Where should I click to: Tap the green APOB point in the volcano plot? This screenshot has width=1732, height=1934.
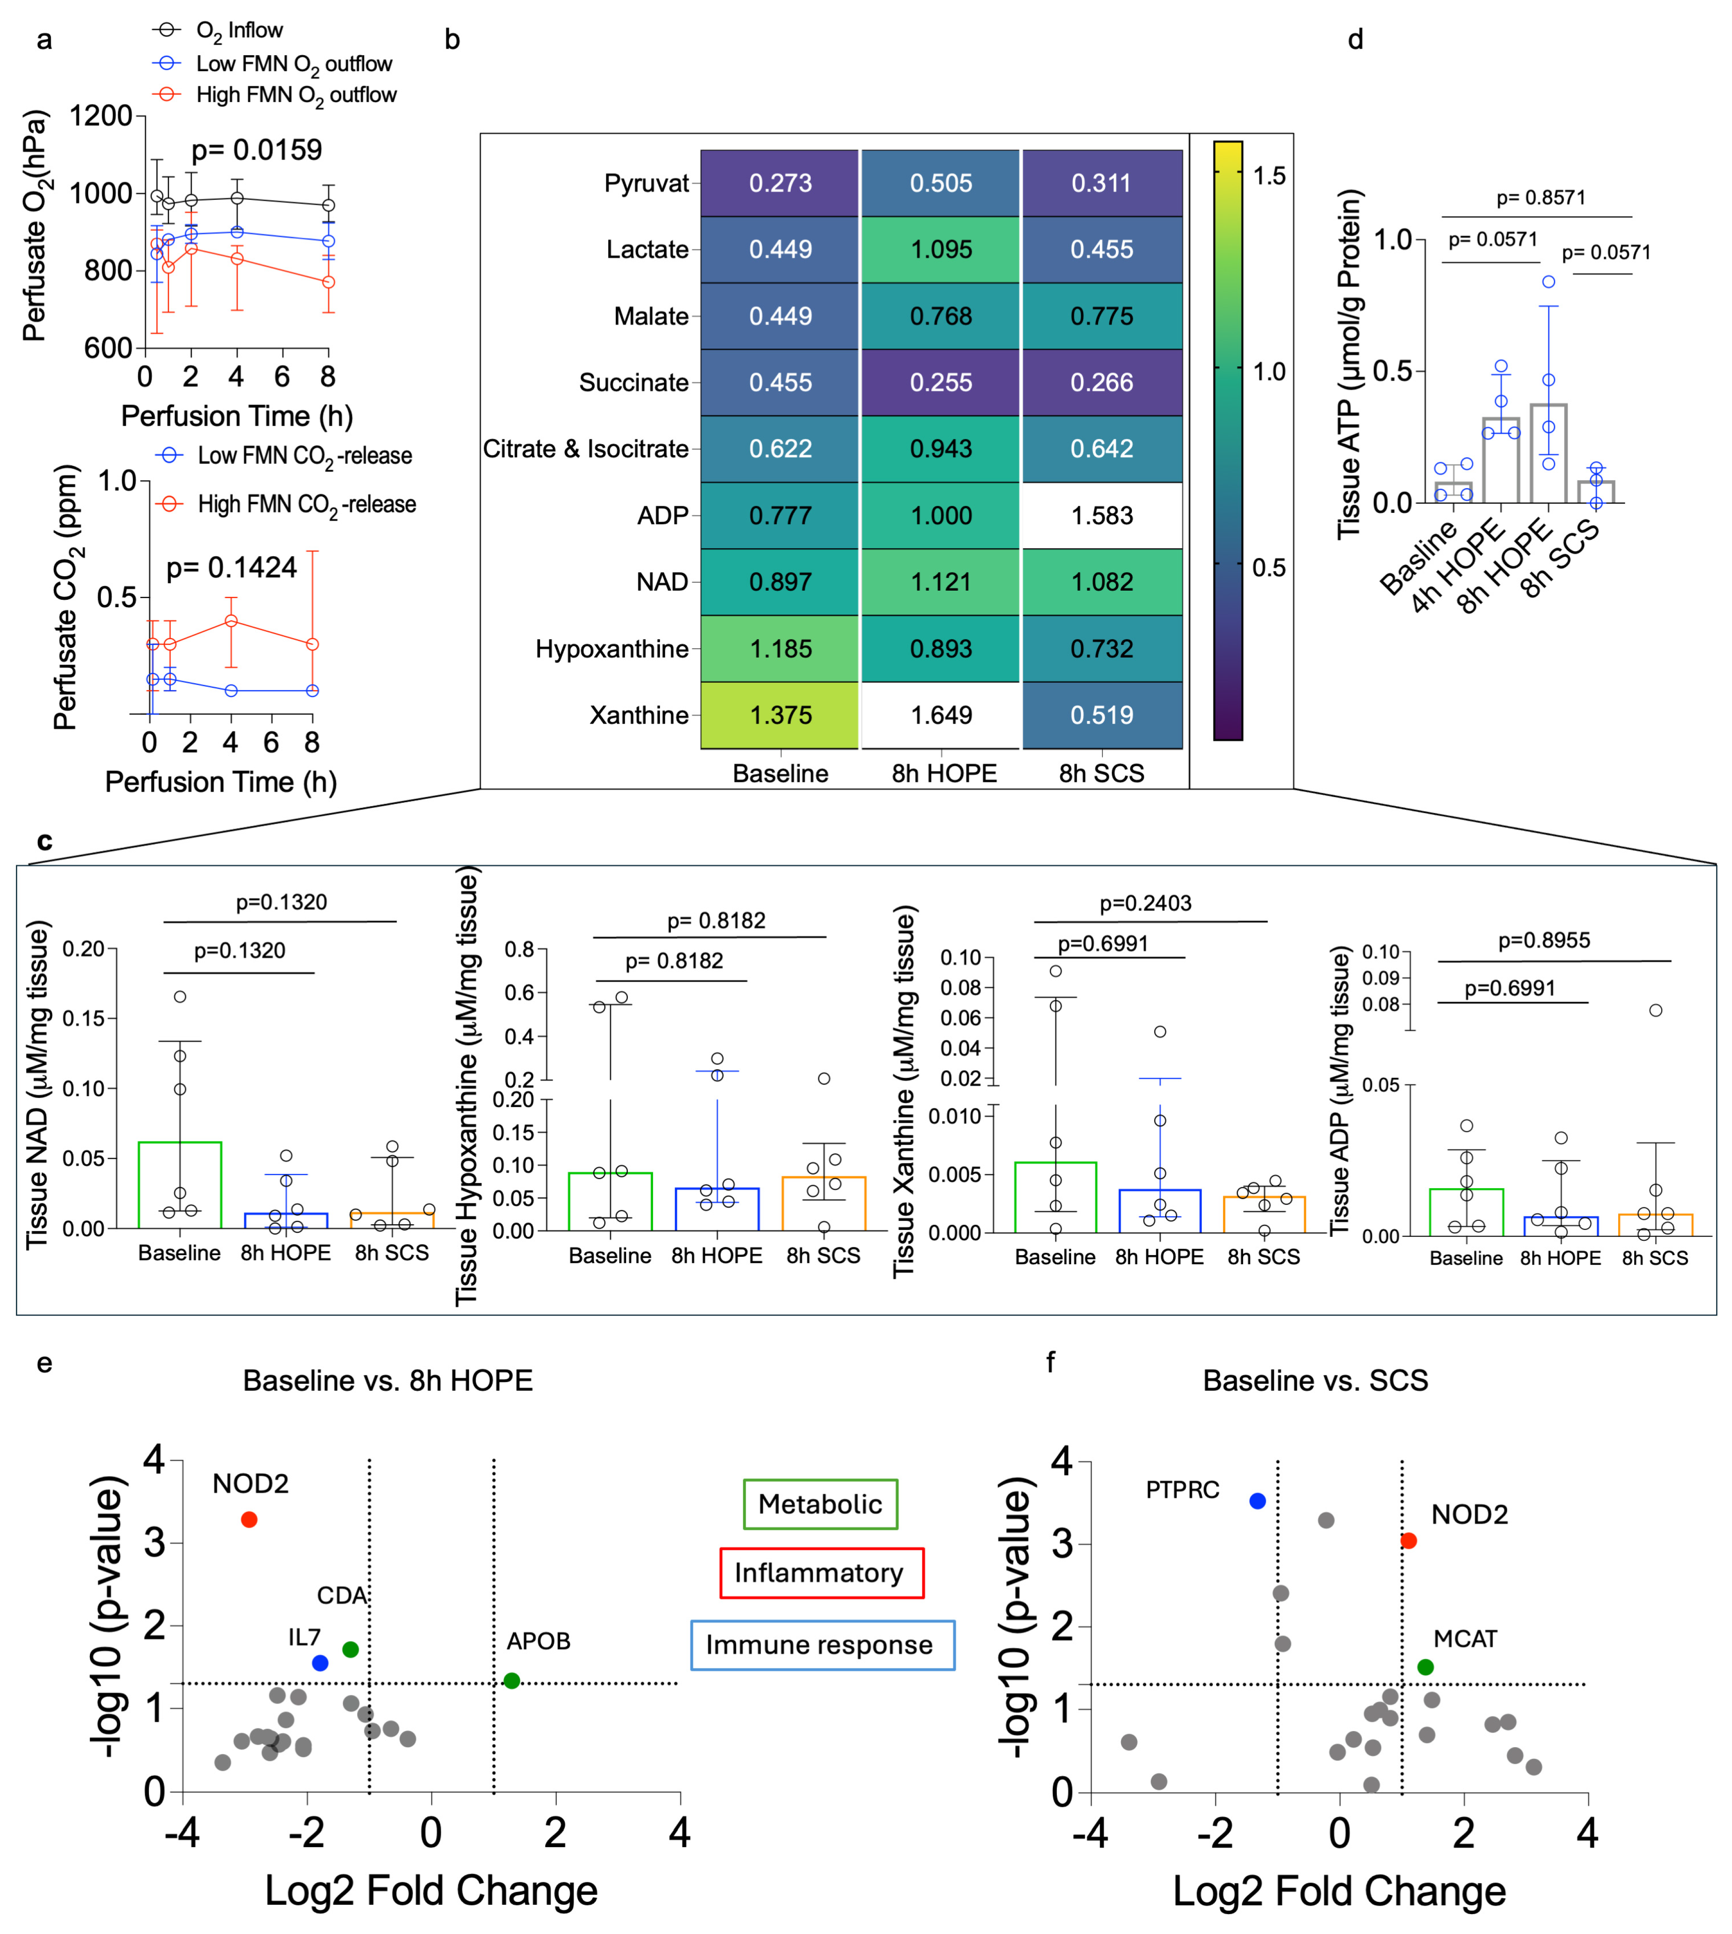pyautogui.click(x=512, y=1681)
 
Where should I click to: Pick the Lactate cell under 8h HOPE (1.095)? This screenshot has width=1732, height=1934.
pyautogui.click(x=941, y=249)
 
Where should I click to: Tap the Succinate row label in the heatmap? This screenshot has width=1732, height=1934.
pyautogui.click(x=634, y=382)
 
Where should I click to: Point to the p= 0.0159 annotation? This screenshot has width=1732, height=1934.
pyautogui.click(x=257, y=150)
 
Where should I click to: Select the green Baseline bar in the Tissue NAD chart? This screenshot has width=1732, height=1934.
pyautogui.click(x=180, y=1185)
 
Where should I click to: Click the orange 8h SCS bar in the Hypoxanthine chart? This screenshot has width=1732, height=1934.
pyautogui.click(x=824, y=1204)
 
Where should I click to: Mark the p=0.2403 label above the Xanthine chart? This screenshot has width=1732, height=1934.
pyautogui.click(x=1146, y=903)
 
